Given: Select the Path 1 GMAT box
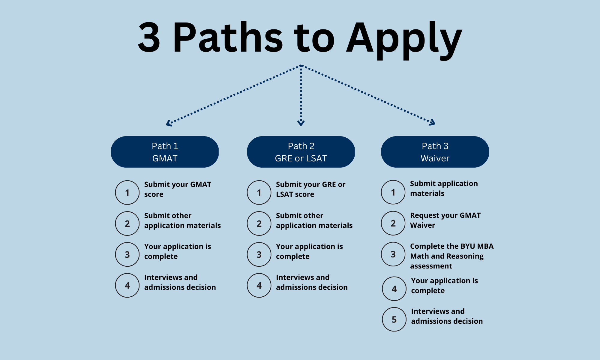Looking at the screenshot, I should [165, 152].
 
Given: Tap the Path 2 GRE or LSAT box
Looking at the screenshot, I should [301, 152].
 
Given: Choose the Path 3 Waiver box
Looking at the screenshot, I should [435, 152].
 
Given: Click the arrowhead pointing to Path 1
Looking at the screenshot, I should [169, 123].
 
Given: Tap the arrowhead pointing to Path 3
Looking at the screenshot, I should [432, 122].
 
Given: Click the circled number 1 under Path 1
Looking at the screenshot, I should [127, 193].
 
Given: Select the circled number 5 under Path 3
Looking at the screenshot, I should [394, 319].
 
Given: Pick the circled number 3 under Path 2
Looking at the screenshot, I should [259, 254].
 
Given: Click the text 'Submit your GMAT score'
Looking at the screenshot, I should [178, 189].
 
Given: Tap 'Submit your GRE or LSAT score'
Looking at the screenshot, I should [310, 189].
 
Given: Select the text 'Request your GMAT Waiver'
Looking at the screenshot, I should [445, 220].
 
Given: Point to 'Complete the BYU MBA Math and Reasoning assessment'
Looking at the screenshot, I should [451, 256].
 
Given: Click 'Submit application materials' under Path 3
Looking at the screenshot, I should [444, 188].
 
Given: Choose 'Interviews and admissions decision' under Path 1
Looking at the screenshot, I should [180, 282].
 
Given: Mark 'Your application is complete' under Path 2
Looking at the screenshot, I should [309, 251].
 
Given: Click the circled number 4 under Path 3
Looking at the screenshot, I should [394, 289].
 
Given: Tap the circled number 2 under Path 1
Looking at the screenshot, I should [127, 223].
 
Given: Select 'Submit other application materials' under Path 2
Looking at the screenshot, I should [314, 220].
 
